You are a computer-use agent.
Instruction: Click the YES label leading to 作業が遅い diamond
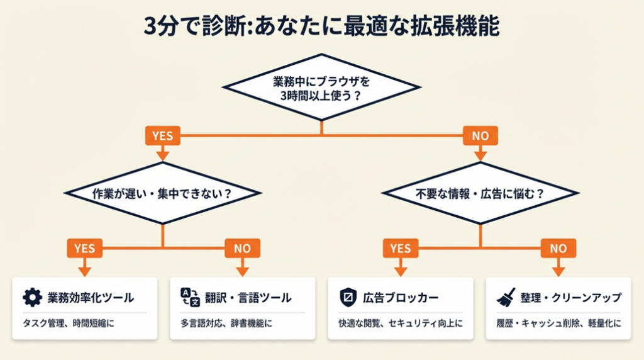(163, 135)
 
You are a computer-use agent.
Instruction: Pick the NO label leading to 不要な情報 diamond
(480, 135)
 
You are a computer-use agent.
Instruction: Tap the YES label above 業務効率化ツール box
(84, 248)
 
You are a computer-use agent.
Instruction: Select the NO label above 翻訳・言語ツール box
(242, 248)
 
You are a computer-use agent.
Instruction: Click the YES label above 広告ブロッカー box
(401, 248)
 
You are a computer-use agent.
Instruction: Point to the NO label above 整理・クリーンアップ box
(558, 248)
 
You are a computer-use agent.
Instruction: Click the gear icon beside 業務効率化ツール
(31, 297)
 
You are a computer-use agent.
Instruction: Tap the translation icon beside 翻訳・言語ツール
(189, 297)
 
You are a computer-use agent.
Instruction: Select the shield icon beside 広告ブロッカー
(348, 297)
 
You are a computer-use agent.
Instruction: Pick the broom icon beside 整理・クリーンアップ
(506, 297)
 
